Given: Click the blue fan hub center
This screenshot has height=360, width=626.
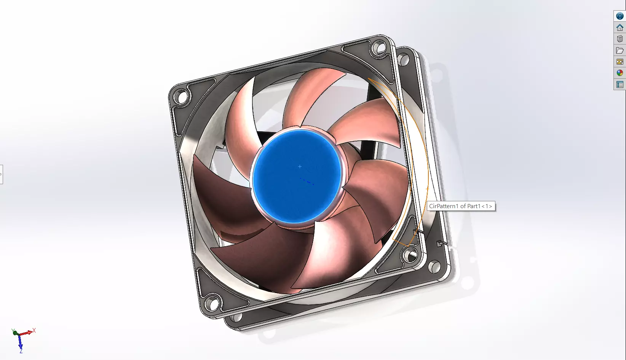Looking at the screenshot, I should click(297, 176).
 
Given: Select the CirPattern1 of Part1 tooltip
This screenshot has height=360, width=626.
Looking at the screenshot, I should click(461, 206).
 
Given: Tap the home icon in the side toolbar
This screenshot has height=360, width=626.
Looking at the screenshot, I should click(620, 27).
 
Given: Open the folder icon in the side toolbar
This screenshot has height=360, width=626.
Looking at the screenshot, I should click(620, 50).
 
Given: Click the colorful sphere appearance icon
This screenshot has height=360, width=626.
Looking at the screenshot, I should click(620, 73).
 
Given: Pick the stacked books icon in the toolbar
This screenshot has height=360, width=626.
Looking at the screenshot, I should click(620, 39).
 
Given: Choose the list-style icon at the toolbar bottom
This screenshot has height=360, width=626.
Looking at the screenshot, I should click(620, 84).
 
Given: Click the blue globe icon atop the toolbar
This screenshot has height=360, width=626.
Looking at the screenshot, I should click(620, 16).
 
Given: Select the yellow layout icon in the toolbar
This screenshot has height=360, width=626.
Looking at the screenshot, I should click(620, 62).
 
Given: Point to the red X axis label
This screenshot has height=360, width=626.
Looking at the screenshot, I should click(34, 330).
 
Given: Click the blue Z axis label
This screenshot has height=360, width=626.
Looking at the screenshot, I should click(21, 350).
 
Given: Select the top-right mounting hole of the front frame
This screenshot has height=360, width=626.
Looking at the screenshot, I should click(378, 48).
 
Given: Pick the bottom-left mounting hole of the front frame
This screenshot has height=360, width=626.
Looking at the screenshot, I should click(212, 304).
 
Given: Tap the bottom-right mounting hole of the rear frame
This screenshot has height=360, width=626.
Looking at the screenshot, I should click(434, 266).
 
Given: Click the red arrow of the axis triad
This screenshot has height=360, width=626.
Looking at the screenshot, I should click(27, 333).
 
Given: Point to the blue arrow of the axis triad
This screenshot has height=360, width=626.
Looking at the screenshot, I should click(20, 342).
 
